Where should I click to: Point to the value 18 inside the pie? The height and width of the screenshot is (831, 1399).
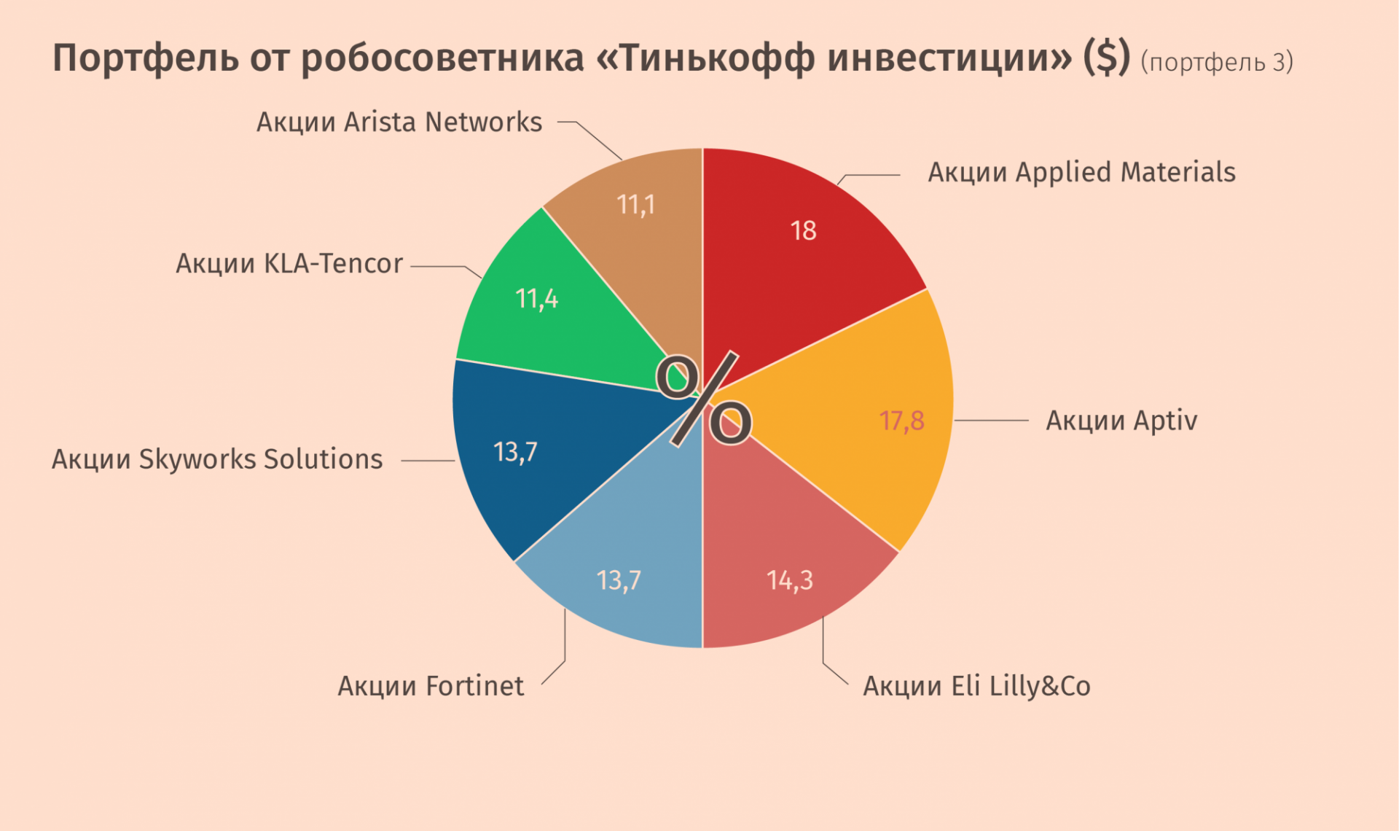click(x=803, y=231)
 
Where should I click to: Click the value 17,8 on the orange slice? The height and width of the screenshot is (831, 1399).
click(x=901, y=421)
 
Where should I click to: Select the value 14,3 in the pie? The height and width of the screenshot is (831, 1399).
click(x=789, y=580)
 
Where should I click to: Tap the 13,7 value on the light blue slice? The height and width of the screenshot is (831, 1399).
click(x=619, y=580)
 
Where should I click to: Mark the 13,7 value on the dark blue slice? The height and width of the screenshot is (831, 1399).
click(x=515, y=452)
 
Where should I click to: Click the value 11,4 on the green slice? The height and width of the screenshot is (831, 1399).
click(x=537, y=299)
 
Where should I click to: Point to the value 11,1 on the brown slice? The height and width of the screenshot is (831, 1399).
click(x=636, y=205)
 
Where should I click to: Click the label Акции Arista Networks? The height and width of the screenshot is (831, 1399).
click(x=399, y=122)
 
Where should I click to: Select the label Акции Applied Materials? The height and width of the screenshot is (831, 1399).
click(x=1081, y=173)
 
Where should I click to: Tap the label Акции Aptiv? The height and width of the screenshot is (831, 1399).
click(x=1121, y=421)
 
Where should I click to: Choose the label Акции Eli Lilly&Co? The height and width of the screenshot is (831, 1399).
click(x=976, y=686)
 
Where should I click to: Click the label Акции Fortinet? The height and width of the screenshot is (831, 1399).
click(x=431, y=686)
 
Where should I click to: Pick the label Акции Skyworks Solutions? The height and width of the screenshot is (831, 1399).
click(x=217, y=459)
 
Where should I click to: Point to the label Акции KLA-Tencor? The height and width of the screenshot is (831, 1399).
click(x=289, y=264)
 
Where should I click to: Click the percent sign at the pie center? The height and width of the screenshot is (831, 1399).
click(x=704, y=399)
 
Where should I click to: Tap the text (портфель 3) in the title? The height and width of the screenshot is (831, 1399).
click(x=1216, y=63)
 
